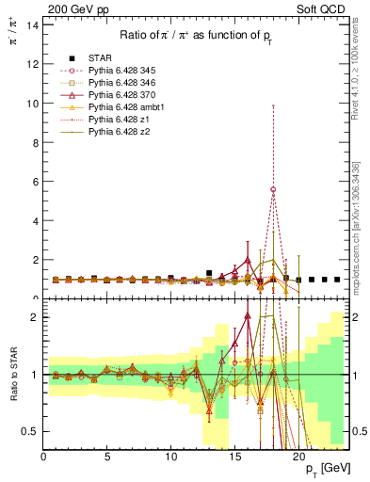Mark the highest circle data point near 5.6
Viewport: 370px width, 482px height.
click(273, 189)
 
